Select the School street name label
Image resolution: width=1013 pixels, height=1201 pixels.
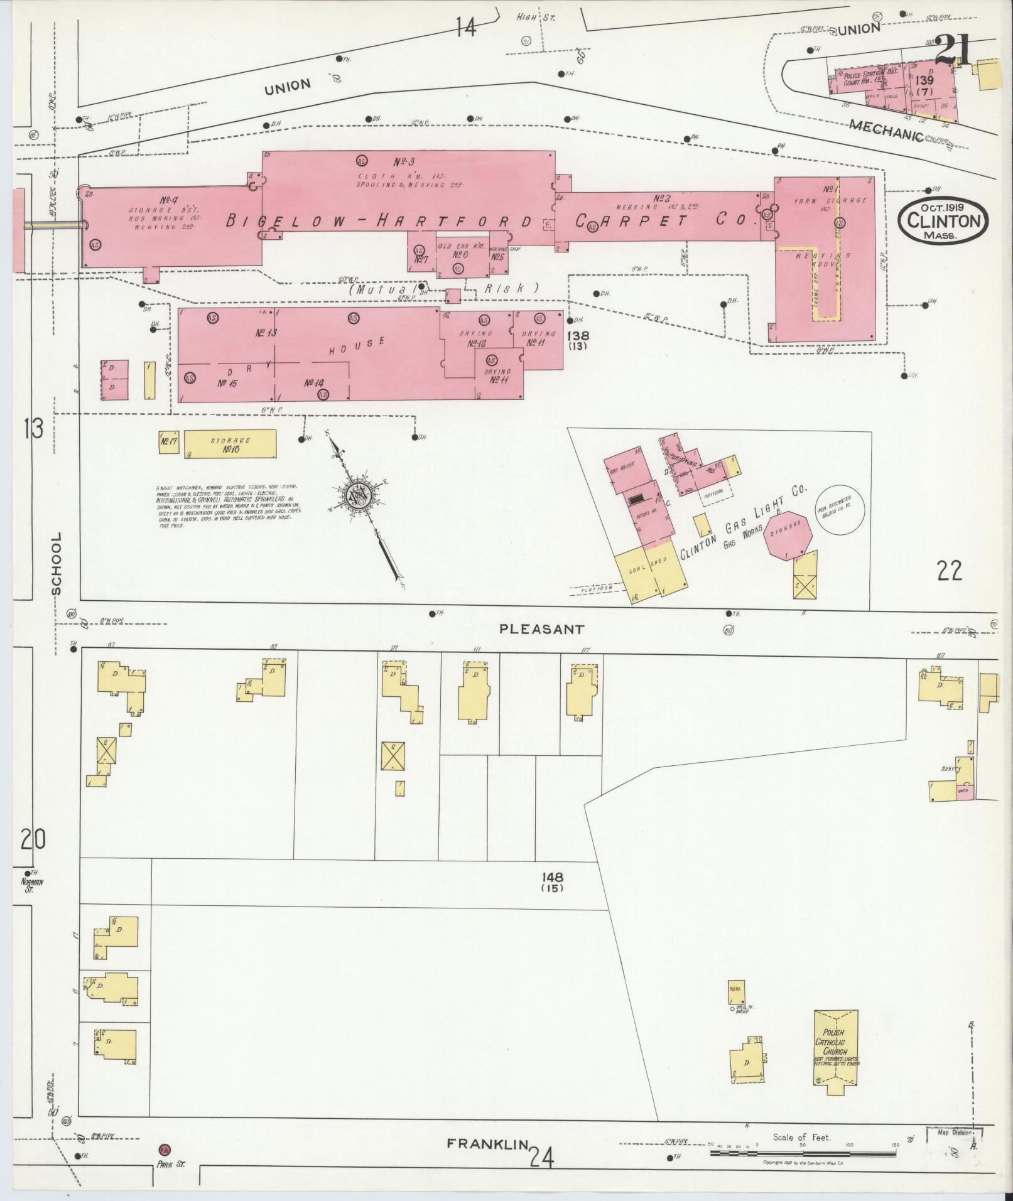(57, 563)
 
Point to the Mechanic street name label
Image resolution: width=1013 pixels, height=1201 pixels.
(886, 130)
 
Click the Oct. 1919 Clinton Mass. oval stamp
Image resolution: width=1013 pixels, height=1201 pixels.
(943, 220)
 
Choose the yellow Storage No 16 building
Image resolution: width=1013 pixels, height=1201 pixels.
(230, 444)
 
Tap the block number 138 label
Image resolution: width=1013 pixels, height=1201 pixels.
(577, 340)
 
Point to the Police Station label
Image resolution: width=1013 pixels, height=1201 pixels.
(864, 75)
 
